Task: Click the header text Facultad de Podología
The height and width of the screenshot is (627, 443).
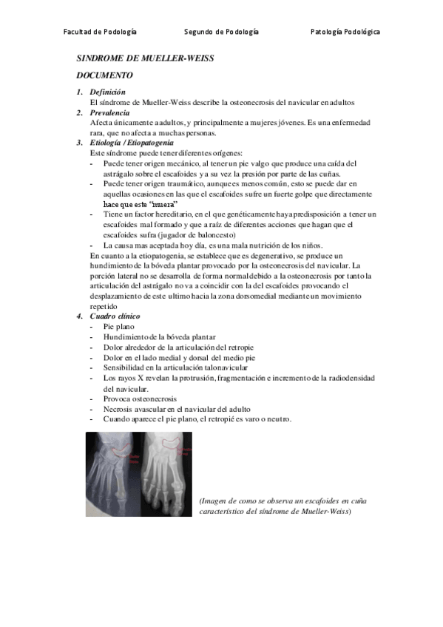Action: (100, 32)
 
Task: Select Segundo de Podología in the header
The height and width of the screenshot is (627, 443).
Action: (221, 32)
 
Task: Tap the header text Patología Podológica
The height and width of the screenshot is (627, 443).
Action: (345, 32)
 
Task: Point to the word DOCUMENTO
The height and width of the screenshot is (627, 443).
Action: (105, 75)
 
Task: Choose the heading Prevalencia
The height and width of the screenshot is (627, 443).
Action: (115, 112)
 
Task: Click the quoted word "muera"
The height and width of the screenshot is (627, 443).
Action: (163, 203)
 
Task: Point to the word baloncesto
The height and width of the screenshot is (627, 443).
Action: (212, 234)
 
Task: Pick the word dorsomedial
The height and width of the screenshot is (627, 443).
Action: (278, 296)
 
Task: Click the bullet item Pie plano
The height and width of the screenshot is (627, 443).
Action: (119, 326)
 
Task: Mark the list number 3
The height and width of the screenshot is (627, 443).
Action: (80, 143)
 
